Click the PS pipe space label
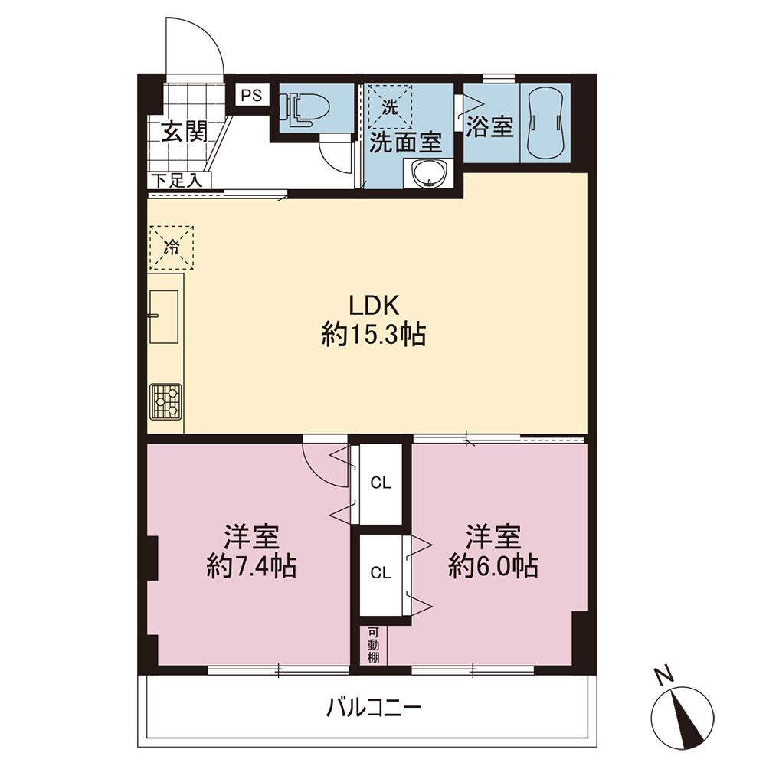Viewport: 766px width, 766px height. [x=252, y=95]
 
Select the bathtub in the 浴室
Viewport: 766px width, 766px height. [x=545, y=123]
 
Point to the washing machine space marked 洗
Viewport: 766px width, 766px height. [x=390, y=107]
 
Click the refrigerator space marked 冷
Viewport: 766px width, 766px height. [x=172, y=247]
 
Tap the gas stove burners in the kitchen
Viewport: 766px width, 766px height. [x=166, y=401]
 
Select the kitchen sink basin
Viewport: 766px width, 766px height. [x=164, y=316]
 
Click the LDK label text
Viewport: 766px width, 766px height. [x=375, y=306]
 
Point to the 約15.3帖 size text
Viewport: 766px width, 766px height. [x=374, y=336]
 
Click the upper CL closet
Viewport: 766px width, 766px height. [x=381, y=483]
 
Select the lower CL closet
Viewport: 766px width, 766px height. [x=381, y=572]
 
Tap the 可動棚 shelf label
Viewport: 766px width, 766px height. [x=373, y=645]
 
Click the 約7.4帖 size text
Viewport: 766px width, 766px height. [x=251, y=567]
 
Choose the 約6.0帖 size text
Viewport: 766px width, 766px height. [x=493, y=567]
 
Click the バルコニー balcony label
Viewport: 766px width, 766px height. [x=374, y=707]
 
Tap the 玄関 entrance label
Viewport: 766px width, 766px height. [x=185, y=132]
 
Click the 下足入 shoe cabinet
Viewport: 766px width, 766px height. [x=176, y=181]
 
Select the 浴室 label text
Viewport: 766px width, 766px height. [x=489, y=126]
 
